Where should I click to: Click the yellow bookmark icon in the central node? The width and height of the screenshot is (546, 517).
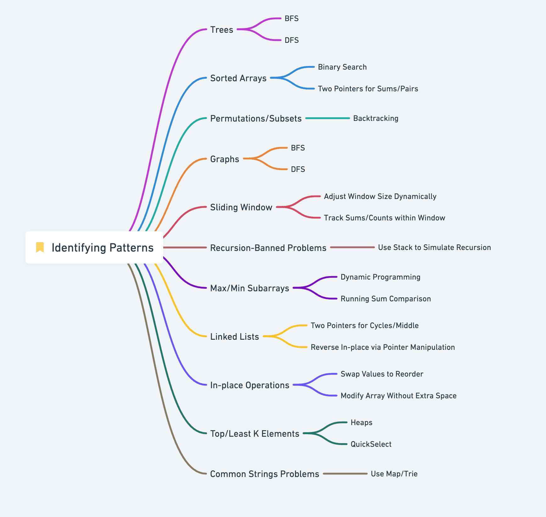(x=40, y=247)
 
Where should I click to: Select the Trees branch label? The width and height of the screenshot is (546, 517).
(x=222, y=30)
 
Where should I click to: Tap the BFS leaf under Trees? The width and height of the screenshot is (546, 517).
(x=292, y=19)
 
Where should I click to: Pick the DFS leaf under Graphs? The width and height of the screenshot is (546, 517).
(x=298, y=169)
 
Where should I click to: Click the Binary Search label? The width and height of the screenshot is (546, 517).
(x=342, y=67)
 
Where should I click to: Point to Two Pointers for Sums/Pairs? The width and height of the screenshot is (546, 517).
(x=368, y=89)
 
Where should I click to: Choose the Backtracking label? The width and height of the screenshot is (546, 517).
(x=376, y=118)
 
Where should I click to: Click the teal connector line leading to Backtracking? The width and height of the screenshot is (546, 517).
(x=327, y=118)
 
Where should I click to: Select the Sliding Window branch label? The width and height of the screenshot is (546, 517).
(x=241, y=207)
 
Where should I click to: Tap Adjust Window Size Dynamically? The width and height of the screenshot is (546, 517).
(x=380, y=196)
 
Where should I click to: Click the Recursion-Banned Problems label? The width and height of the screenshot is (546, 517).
(x=268, y=248)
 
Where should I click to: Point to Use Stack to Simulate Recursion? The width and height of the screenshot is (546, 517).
(x=434, y=247)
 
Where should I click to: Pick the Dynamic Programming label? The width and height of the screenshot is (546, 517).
(x=380, y=277)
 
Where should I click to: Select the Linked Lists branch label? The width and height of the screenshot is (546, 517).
(x=235, y=337)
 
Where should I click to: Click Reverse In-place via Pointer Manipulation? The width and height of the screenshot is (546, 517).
(x=383, y=347)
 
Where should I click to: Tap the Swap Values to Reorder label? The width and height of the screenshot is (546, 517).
(x=382, y=374)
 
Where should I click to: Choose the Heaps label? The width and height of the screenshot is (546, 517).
(x=361, y=423)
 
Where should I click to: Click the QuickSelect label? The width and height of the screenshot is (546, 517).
(x=371, y=444)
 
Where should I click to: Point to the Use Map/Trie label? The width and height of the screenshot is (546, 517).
(x=394, y=474)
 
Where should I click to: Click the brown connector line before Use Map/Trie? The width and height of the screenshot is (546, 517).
(x=345, y=474)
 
